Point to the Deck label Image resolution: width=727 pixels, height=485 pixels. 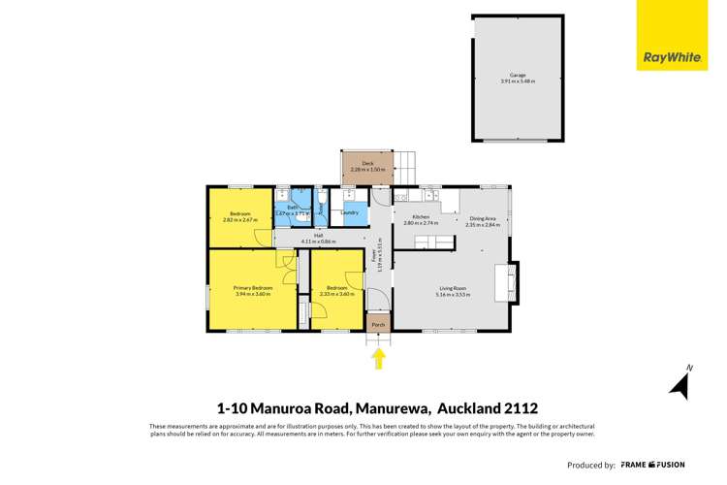[367, 163]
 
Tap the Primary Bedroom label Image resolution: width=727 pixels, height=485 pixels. [253, 288]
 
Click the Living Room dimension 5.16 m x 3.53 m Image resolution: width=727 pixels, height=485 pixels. [452, 295]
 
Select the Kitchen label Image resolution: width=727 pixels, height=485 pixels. [421, 217]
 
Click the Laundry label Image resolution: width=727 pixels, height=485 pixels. [350, 212]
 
